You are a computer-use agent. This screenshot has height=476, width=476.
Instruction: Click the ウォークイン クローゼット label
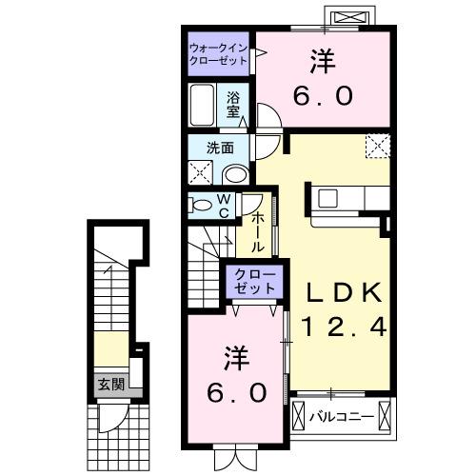click(x=218, y=53)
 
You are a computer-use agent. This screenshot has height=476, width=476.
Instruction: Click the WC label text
click(x=223, y=207)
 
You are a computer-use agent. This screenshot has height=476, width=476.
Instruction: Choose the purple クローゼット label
click(x=252, y=282)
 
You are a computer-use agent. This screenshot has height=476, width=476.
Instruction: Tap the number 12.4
click(x=344, y=328)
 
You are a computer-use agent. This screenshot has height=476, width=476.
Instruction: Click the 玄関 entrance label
click(x=109, y=385)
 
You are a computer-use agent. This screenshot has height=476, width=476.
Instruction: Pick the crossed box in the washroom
click(x=201, y=173)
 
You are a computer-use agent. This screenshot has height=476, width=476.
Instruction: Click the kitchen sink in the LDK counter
click(x=327, y=198)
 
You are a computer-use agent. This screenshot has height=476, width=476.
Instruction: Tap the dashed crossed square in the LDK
click(x=379, y=147)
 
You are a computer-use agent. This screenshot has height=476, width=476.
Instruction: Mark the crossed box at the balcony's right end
click(x=385, y=416)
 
